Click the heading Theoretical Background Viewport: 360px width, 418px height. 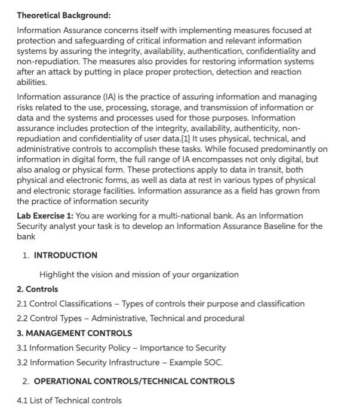[x=63, y=15]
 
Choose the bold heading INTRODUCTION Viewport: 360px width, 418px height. [x=66, y=255]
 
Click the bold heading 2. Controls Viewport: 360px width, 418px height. [x=37, y=289]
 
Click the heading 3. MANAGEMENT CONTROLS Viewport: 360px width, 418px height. [x=74, y=333]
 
